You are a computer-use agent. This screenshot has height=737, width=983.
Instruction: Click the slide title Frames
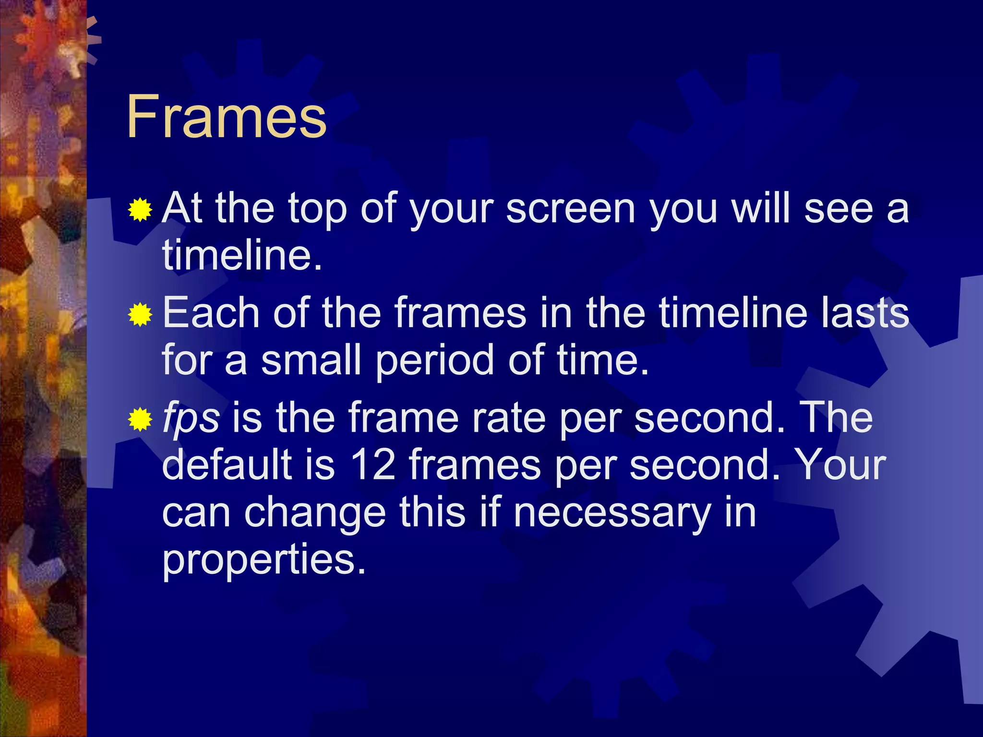(227, 117)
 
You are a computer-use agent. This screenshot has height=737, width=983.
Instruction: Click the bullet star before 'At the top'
(140, 210)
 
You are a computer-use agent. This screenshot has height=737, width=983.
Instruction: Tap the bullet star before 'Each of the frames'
(140, 315)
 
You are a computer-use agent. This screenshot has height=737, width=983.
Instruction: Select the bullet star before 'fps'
(140, 419)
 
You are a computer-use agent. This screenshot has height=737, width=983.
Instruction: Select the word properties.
(264, 559)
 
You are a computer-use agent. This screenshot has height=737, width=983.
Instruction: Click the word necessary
(612, 512)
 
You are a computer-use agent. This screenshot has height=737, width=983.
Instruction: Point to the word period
(435, 361)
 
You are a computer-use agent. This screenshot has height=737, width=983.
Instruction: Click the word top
(317, 210)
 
